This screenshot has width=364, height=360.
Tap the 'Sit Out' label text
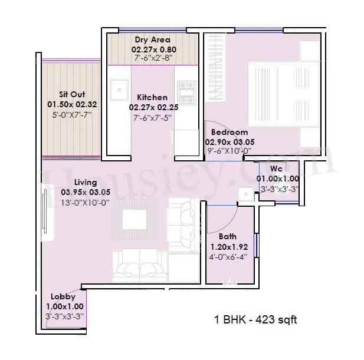72,94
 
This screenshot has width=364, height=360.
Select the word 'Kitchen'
152,97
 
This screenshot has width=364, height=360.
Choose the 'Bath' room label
227,237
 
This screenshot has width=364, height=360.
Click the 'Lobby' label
63,297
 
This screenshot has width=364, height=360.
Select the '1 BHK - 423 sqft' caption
255,321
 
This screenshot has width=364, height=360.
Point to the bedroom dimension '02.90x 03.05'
230,142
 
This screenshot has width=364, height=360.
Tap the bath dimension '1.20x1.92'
230,247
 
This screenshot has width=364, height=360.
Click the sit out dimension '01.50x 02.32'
72,104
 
